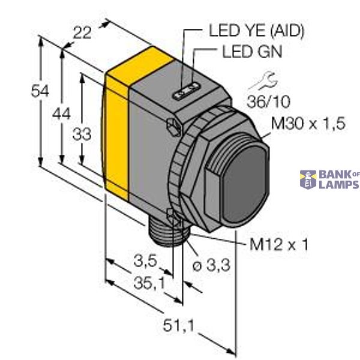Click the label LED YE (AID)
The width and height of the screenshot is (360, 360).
click(x=256, y=29)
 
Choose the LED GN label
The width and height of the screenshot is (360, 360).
click(x=252, y=52)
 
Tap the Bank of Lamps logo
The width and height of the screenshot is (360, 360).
click(x=329, y=179)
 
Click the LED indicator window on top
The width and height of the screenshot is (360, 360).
click(x=185, y=92)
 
